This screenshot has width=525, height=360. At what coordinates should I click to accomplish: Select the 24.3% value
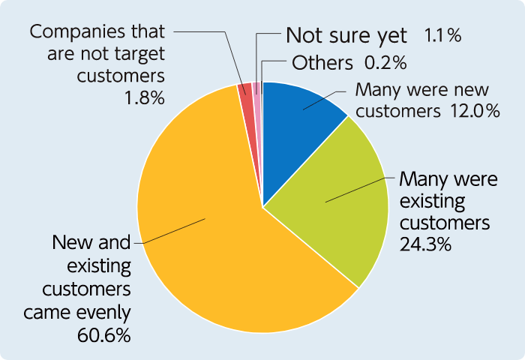(x=426, y=243)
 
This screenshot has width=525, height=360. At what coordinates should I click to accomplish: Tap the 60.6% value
(x=103, y=334)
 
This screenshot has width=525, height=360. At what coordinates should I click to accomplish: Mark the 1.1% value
(x=442, y=35)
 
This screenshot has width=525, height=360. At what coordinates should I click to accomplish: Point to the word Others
(x=322, y=62)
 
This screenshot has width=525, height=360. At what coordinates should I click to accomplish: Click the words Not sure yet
(x=346, y=35)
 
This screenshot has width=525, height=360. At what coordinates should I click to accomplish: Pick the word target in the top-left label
(x=142, y=55)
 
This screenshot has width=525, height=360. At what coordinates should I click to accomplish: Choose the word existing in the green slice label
(x=433, y=202)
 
